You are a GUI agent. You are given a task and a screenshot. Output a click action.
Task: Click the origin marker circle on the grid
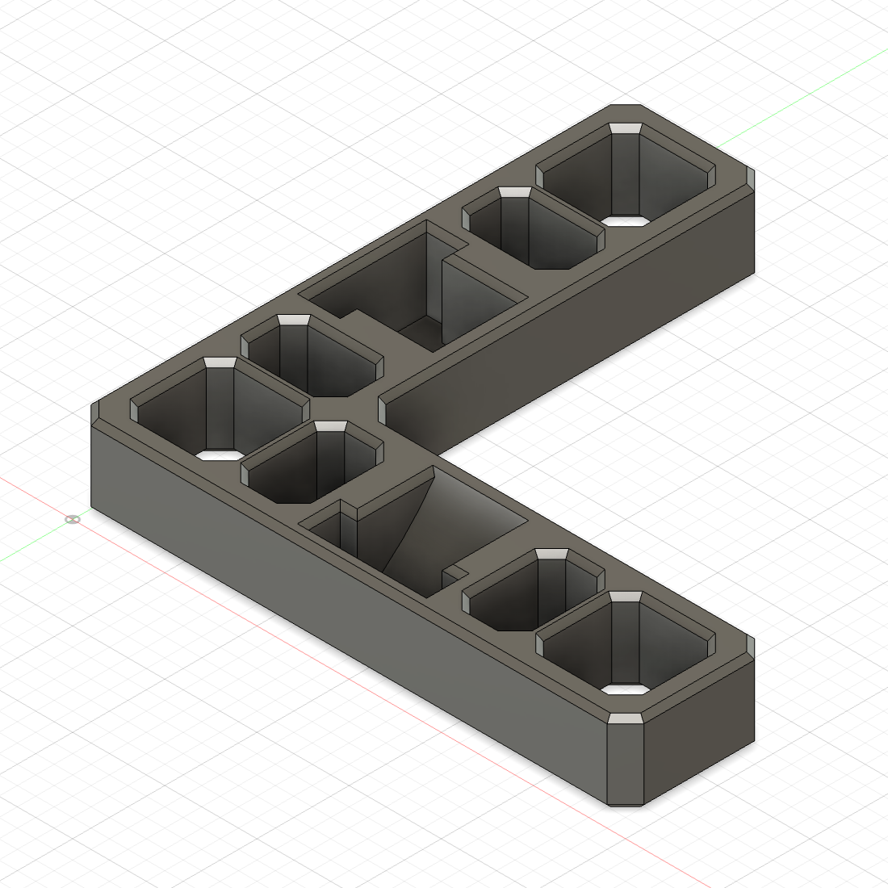[x=73, y=519]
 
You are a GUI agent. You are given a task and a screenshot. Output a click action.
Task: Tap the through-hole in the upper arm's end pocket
[x=626, y=220]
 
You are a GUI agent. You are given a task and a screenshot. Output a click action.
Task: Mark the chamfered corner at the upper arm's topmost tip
[x=626, y=107]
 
